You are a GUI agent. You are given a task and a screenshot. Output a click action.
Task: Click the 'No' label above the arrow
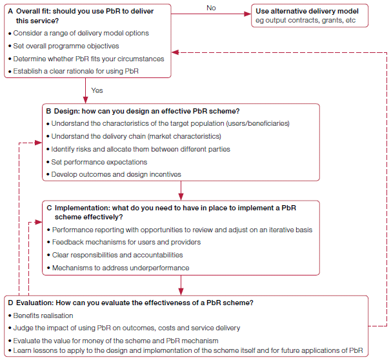tap(211, 7)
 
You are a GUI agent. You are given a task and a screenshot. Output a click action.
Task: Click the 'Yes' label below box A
tap(97, 90)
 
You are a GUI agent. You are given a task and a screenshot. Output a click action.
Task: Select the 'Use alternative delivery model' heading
tap(307, 11)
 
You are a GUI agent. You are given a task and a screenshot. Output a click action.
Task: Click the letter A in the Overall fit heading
tap(10, 11)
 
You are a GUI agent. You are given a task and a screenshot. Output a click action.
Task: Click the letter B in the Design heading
tap(48, 111)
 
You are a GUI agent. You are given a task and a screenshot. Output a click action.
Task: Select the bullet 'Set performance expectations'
tap(99, 162)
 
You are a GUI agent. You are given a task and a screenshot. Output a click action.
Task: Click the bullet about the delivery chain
tap(136, 136)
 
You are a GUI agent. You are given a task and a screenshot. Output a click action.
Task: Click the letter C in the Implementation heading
tap(49, 208)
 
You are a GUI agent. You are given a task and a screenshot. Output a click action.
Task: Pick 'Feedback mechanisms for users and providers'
tap(126, 242)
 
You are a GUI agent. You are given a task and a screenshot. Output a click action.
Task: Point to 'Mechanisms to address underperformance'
tap(121, 268)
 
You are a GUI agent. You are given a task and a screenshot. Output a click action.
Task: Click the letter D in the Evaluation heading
tap(10, 303)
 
